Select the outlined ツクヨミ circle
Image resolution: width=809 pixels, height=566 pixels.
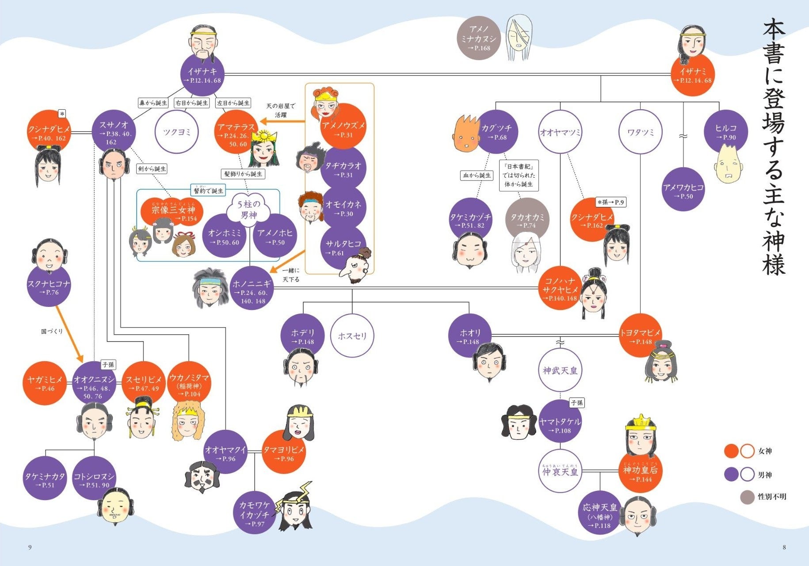tap(176, 132)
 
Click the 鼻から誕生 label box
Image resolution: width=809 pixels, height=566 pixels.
tap(153, 103)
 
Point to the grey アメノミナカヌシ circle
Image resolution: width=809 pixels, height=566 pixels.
tap(478, 38)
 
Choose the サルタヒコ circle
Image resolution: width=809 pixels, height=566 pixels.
tap(343, 248)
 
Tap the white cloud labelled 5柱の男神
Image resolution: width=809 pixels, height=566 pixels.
tap(249, 210)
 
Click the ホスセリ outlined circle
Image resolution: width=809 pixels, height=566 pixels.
tap(352, 336)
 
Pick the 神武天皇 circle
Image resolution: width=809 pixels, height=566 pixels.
tap(560, 370)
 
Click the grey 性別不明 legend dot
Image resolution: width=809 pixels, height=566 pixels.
tap(747, 497)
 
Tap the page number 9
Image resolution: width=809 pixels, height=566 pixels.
tap(30, 547)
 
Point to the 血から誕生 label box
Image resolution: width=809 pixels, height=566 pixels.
tap(477, 176)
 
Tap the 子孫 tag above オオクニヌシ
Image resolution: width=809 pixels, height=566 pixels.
tap(108, 365)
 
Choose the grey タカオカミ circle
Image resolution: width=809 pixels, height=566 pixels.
tap(527, 220)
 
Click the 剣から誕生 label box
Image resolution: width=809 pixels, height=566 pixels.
tap(152, 169)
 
